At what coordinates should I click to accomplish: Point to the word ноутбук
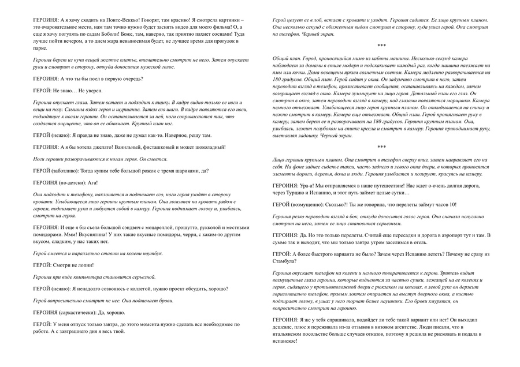click(152, 253)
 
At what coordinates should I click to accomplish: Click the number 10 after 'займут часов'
click(452, 204)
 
